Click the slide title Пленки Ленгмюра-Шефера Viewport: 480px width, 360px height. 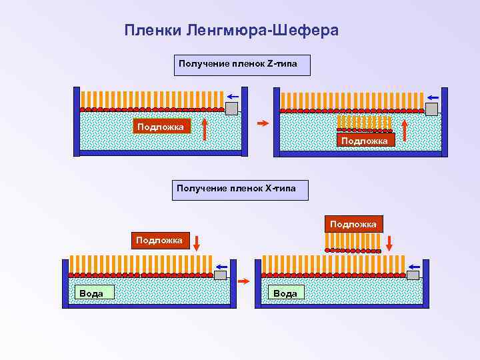click(231, 31)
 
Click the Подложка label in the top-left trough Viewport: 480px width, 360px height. click(162, 126)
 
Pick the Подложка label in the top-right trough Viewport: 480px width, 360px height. click(366, 140)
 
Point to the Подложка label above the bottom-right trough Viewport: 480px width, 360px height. click(353, 224)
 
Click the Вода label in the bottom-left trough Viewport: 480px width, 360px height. click(91, 292)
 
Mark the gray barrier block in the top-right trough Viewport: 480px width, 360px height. click(431, 109)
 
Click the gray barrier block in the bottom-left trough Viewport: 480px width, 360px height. click(220, 275)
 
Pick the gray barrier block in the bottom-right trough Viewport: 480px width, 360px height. click(413, 275)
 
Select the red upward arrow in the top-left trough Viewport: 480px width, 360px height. click(205, 129)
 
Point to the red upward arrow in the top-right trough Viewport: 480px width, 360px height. click(406, 129)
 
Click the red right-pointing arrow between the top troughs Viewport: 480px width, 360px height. click(263, 123)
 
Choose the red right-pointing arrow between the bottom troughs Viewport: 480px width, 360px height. click(244, 281)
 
